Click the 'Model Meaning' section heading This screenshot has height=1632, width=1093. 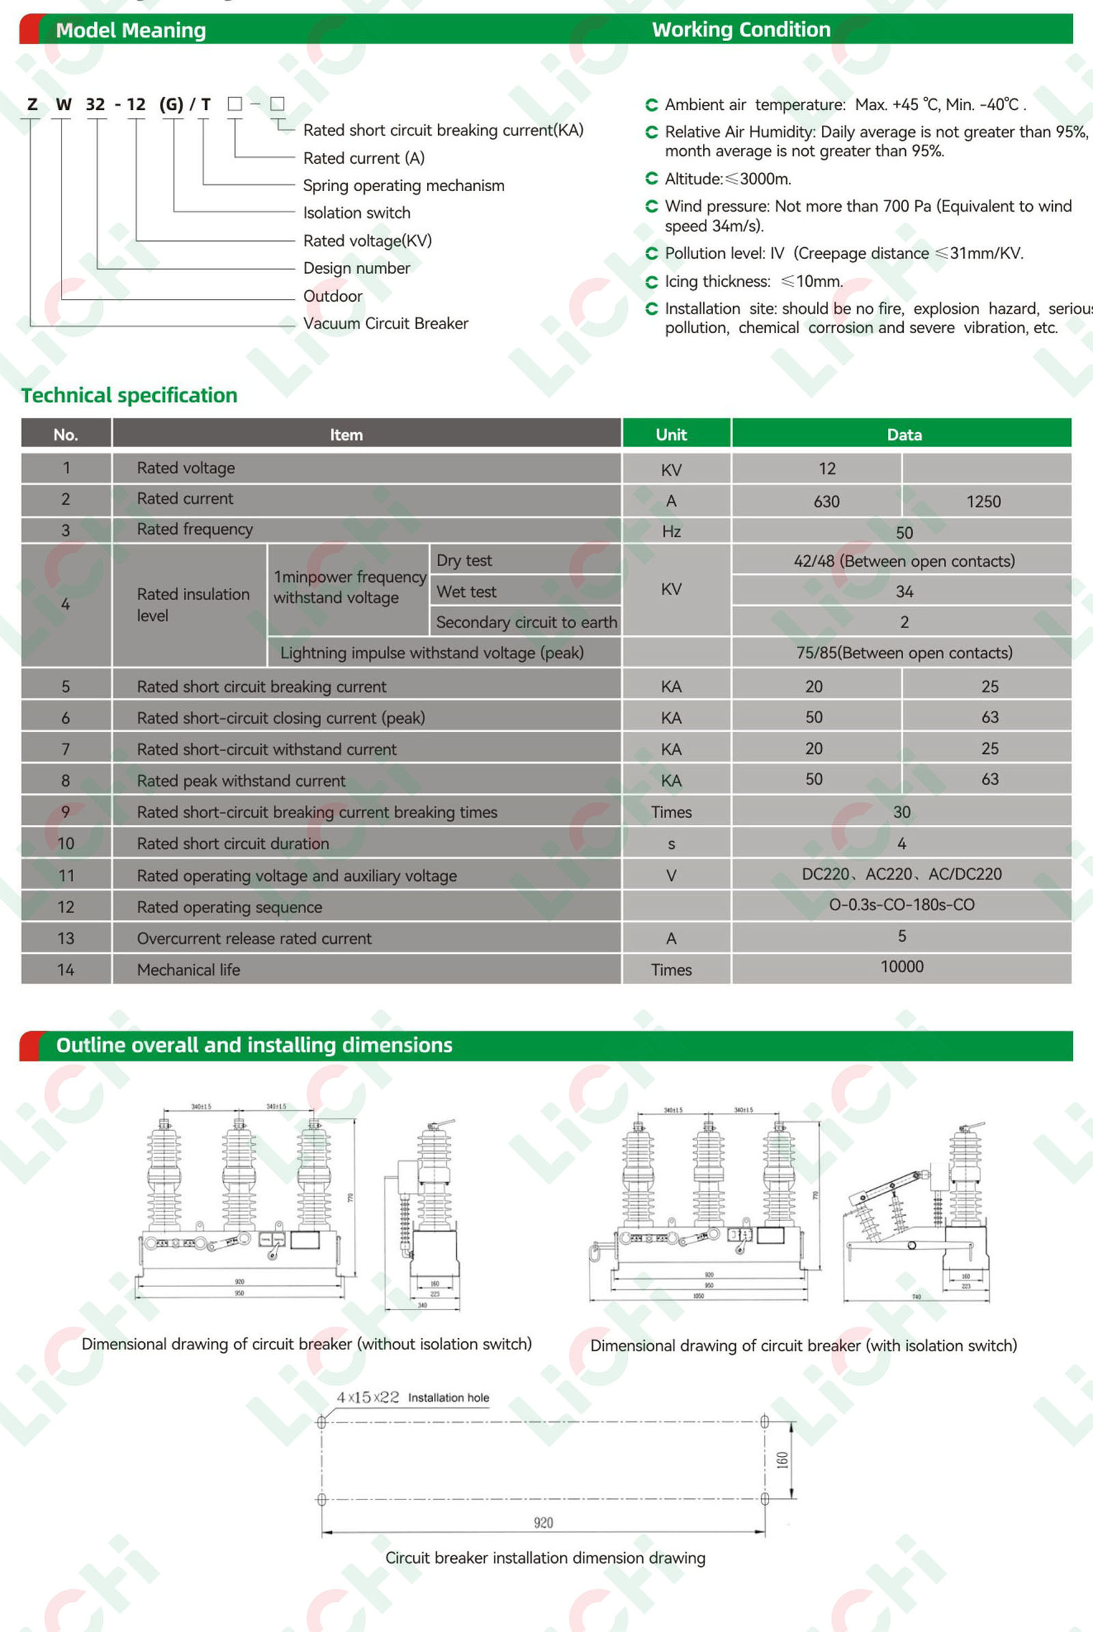(x=130, y=30)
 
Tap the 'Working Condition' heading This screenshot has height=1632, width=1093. (x=741, y=29)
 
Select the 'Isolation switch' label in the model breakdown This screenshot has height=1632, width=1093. (x=356, y=212)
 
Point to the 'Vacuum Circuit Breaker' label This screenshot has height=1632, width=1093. (x=385, y=324)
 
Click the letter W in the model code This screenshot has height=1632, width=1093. (x=64, y=104)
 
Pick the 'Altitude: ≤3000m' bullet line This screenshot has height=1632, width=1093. (x=727, y=179)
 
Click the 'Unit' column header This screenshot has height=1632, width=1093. (x=672, y=435)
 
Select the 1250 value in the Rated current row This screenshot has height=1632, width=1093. (x=983, y=502)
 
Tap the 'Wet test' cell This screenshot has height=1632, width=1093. (x=467, y=591)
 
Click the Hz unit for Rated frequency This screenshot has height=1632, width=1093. (x=672, y=532)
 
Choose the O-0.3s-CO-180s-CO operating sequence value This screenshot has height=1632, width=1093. (x=901, y=905)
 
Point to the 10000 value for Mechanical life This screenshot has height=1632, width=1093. (x=901, y=966)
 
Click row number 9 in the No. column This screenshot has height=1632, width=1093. (x=66, y=812)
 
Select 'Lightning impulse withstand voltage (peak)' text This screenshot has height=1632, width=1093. (x=432, y=653)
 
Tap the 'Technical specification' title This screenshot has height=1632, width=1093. (x=129, y=395)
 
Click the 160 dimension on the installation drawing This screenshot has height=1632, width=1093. (x=783, y=1460)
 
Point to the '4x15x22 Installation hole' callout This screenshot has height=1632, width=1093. (x=413, y=1397)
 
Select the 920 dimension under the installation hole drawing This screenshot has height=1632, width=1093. (x=543, y=1523)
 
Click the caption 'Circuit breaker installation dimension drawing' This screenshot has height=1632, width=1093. (x=545, y=1558)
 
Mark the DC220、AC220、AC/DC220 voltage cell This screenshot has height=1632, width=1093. (x=901, y=874)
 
